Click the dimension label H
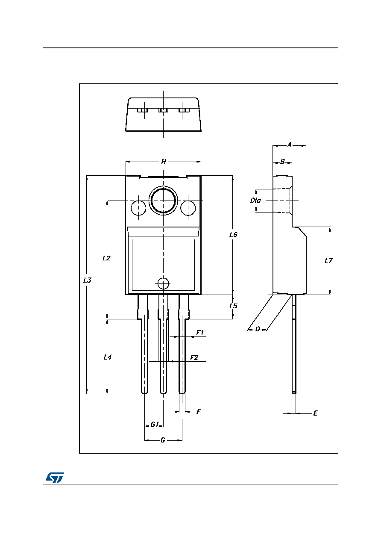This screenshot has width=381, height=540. (x=164, y=162)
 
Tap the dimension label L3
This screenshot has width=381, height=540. (x=88, y=280)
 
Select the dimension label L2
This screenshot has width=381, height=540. (x=106, y=258)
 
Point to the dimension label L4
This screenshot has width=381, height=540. (x=107, y=357)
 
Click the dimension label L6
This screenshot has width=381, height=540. (x=233, y=235)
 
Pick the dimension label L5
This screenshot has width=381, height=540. (x=233, y=306)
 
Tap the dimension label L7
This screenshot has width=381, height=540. (x=328, y=261)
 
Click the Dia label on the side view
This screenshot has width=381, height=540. (x=255, y=200)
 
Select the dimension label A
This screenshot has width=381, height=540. (x=290, y=145)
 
